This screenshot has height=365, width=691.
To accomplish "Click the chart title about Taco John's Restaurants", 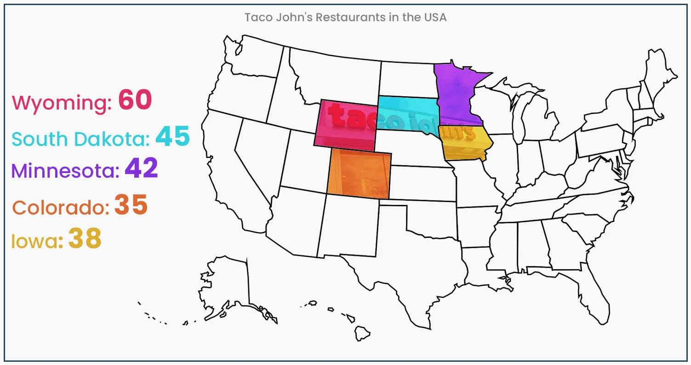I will [x=345, y=17].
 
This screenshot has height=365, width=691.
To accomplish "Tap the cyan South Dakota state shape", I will [x=407, y=112].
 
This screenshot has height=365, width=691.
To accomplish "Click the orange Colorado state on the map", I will [x=359, y=174].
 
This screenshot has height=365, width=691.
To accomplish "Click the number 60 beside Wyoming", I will [x=135, y=100].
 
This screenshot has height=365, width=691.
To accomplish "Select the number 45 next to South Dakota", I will [x=172, y=136].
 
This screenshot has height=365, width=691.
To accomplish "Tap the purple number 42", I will [x=141, y=168].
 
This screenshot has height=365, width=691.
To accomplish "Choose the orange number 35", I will [x=131, y=205].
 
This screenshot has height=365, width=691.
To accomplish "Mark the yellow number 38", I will [x=85, y=238].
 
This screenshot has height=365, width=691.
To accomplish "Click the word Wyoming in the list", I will [x=61, y=103].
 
